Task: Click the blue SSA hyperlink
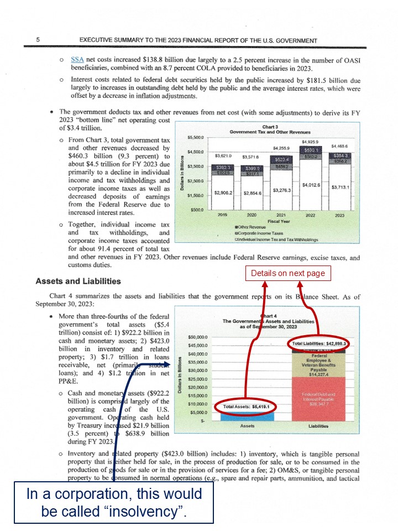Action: pyautogui.click(x=77, y=59)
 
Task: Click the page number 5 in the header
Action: pyautogui.click(x=38, y=40)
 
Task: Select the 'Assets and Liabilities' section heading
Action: pyautogui.click(x=78, y=281)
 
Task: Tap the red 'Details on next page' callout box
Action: pyautogui.click(x=287, y=273)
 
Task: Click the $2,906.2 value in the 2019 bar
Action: pyautogui.click(x=223, y=192)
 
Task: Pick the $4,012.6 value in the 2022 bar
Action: pyautogui.click(x=311, y=185)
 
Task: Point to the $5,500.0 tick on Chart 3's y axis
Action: pyautogui.click(x=196, y=137)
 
